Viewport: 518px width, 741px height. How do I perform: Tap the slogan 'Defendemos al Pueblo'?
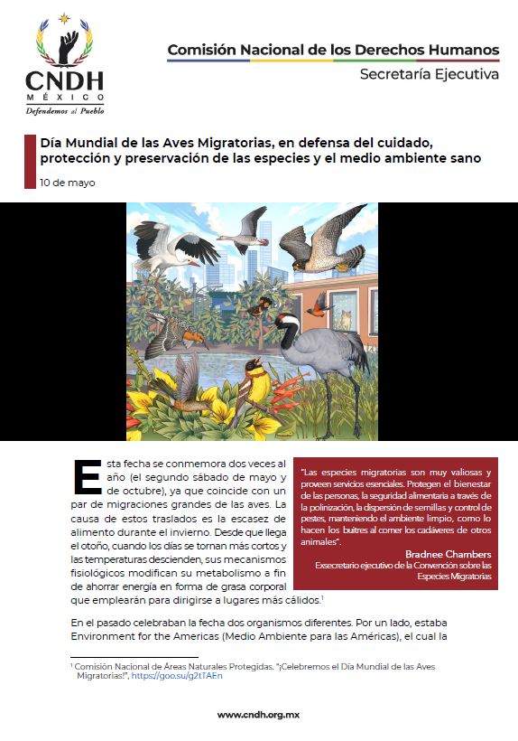coord(64,111)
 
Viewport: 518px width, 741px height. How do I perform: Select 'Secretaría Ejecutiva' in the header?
coord(429,74)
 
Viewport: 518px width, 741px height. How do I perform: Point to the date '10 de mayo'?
coord(68,183)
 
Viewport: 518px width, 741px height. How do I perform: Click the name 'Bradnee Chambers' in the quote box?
coord(448,553)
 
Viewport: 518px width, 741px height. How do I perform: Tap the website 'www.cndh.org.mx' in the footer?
coord(259,713)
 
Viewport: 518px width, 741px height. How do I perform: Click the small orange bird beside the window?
coord(318,305)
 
